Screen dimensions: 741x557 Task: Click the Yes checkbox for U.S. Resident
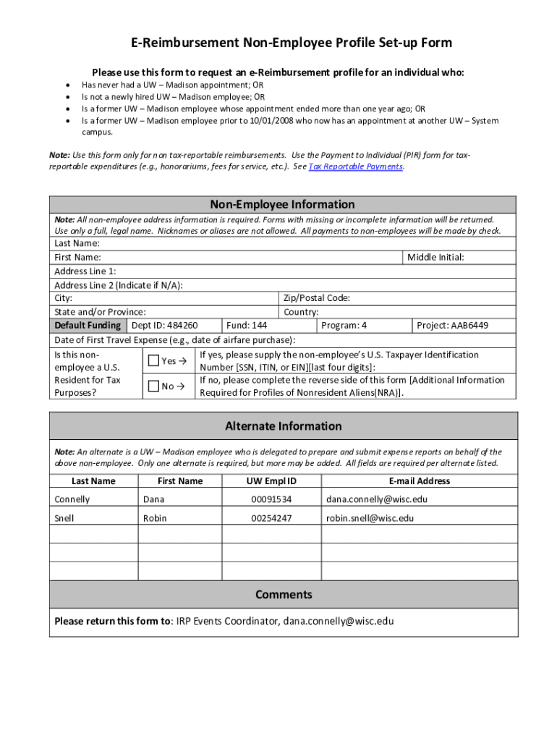coord(153,360)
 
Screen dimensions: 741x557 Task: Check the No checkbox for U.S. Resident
coord(153,386)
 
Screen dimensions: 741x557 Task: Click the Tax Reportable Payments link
coord(355,166)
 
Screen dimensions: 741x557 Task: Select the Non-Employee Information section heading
coord(282,205)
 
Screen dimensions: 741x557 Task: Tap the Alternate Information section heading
coord(283,425)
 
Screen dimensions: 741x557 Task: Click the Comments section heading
coord(284,594)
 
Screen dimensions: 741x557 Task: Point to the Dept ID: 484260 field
coord(164,326)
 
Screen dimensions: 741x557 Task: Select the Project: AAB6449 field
coord(452,326)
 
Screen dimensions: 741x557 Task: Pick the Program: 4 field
coord(344,326)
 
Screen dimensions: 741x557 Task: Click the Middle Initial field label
coord(435,257)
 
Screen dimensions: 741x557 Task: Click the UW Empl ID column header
coord(271,481)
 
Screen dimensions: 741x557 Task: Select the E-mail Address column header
coord(419,481)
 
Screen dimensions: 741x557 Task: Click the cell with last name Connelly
coord(72,499)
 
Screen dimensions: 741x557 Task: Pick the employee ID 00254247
coord(271,518)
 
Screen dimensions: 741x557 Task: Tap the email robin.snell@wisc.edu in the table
coord(370,518)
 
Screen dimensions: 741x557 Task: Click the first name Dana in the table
coord(154,499)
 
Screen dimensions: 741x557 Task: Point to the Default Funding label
coord(88,326)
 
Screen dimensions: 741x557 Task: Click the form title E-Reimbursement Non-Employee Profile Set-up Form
coord(291,43)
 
